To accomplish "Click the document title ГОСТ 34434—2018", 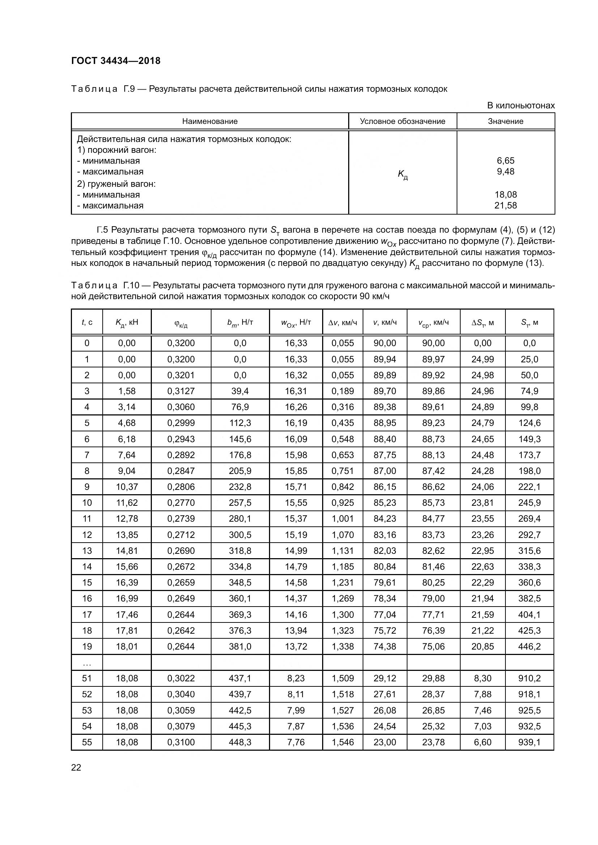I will [116, 61].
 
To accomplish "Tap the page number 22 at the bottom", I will [76, 767].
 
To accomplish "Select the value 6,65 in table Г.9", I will [505, 160].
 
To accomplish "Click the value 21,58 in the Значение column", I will [505, 205].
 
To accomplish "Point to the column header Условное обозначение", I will [402, 121].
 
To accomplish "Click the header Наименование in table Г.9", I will [210, 121].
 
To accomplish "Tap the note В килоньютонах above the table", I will [521, 105].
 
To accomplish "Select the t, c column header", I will [87, 322].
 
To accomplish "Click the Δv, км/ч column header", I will [342, 322].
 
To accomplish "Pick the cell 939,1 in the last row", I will [529, 742].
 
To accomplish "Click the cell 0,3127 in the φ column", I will [181, 391].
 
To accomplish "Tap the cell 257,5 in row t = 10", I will [240, 503].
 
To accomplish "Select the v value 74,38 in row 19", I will [385, 646].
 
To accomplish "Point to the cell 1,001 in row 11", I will [342, 518].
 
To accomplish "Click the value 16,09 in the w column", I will [296, 439].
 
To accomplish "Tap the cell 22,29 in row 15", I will [482, 582].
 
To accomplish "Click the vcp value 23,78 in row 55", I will [433, 742].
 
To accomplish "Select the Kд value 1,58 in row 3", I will [127, 391].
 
